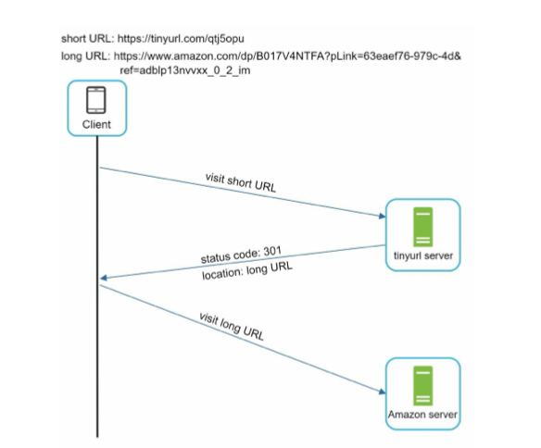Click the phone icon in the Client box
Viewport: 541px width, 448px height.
[x=96, y=100]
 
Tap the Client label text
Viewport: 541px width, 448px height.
[x=96, y=124]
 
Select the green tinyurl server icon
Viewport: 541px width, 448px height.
[x=423, y=227]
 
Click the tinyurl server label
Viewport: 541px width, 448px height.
[x=423, y=255]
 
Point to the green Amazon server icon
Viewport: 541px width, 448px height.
[x=423, y=386]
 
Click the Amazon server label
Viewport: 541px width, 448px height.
[x=422, y=415]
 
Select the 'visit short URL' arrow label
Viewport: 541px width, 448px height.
[x=241, y=182]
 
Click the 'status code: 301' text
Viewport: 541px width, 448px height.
[x=241, y=255]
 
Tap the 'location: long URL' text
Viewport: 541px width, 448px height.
[x=247, y=270]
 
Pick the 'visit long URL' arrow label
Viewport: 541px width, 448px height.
[x=232, y=327]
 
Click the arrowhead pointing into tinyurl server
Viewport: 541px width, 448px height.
[x=382, y=216]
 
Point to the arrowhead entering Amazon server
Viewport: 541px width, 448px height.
[x=382, y=392]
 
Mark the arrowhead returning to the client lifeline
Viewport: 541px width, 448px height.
[x=104, y=278]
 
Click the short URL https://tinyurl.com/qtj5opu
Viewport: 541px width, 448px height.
[x=181, y=39]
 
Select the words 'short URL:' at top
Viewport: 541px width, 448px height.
[x=88, y=39]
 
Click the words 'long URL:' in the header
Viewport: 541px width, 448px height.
[x=86, y=56]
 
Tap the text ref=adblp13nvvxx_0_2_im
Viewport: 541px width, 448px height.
[x=185, y=70]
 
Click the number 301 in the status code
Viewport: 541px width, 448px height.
[x=272, y=251]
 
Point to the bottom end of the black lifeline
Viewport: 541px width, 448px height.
[x=97, y=437]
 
